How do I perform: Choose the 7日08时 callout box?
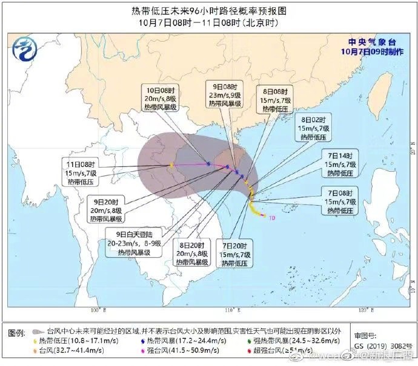tap(340, 201)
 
